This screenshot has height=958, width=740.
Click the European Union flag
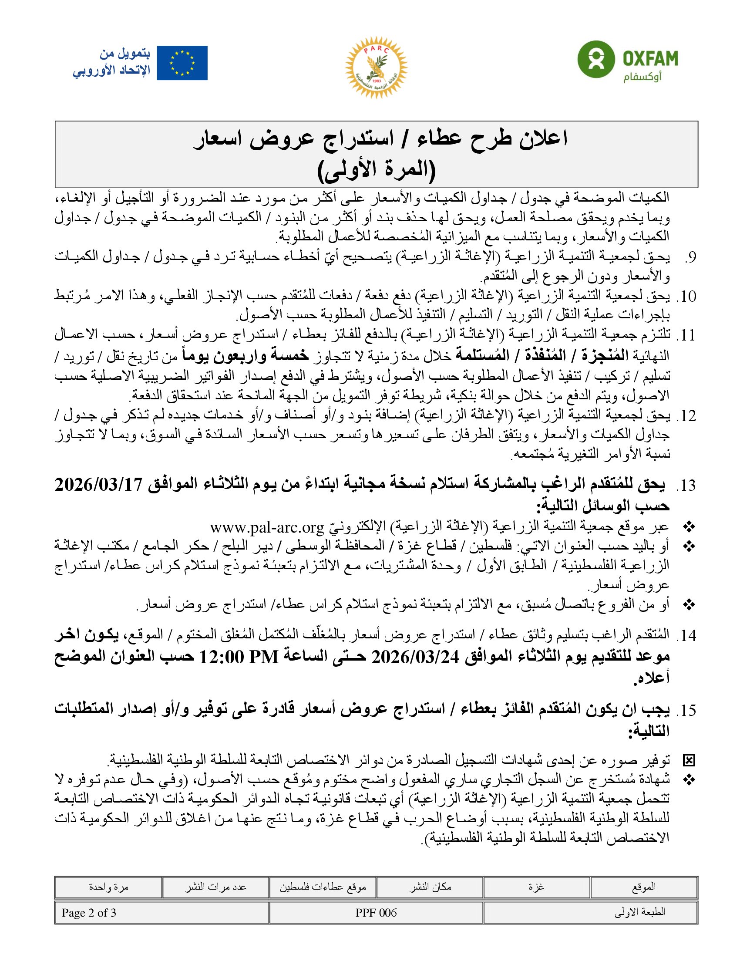(182, 63)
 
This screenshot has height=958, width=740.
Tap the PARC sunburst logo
(376, 67)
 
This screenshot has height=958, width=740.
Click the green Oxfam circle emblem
(594, 58)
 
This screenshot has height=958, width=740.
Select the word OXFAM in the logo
(650, 58)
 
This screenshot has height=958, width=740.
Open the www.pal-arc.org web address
(267, 527)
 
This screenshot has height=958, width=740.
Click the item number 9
(690, 258)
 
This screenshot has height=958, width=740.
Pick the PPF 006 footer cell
(376, 913)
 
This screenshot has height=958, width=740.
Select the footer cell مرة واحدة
(108, 887)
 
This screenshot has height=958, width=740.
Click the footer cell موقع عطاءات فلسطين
(323, 887)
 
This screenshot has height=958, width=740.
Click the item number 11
(686, 336)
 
